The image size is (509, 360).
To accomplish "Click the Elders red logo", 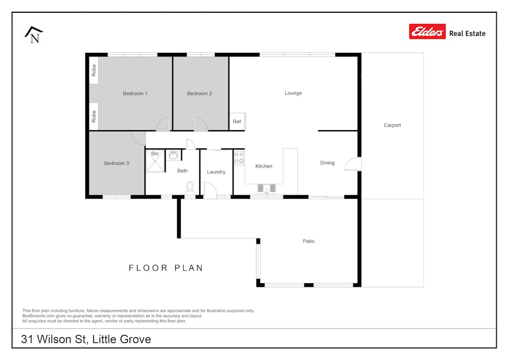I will pos(427,32).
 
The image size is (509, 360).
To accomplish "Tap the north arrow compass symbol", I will pos(34,35).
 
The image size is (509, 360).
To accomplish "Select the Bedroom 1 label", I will pos(135,93).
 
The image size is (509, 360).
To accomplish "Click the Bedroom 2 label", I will pos(199,93).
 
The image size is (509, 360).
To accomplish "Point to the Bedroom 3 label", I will pos(116,163).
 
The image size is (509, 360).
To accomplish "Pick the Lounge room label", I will pos(293,93).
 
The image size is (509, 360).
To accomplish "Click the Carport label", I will pos(392,125).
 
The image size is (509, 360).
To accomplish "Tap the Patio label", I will pos(309,241).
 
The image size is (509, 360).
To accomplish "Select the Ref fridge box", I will pos(237,122).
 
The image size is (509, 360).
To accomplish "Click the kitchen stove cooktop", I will pos(239,157).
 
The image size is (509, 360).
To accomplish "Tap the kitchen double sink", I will pos(266,188).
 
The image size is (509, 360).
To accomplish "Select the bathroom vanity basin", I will pos(173,155).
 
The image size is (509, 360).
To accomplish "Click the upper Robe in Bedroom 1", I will pos(93,70).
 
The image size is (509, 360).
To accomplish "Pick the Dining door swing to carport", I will pos(352,164).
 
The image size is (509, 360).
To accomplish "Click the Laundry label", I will pos(216,172).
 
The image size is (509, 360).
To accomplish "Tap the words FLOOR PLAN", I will pos(166,268).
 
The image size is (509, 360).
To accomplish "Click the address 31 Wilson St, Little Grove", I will pos(86,339).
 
